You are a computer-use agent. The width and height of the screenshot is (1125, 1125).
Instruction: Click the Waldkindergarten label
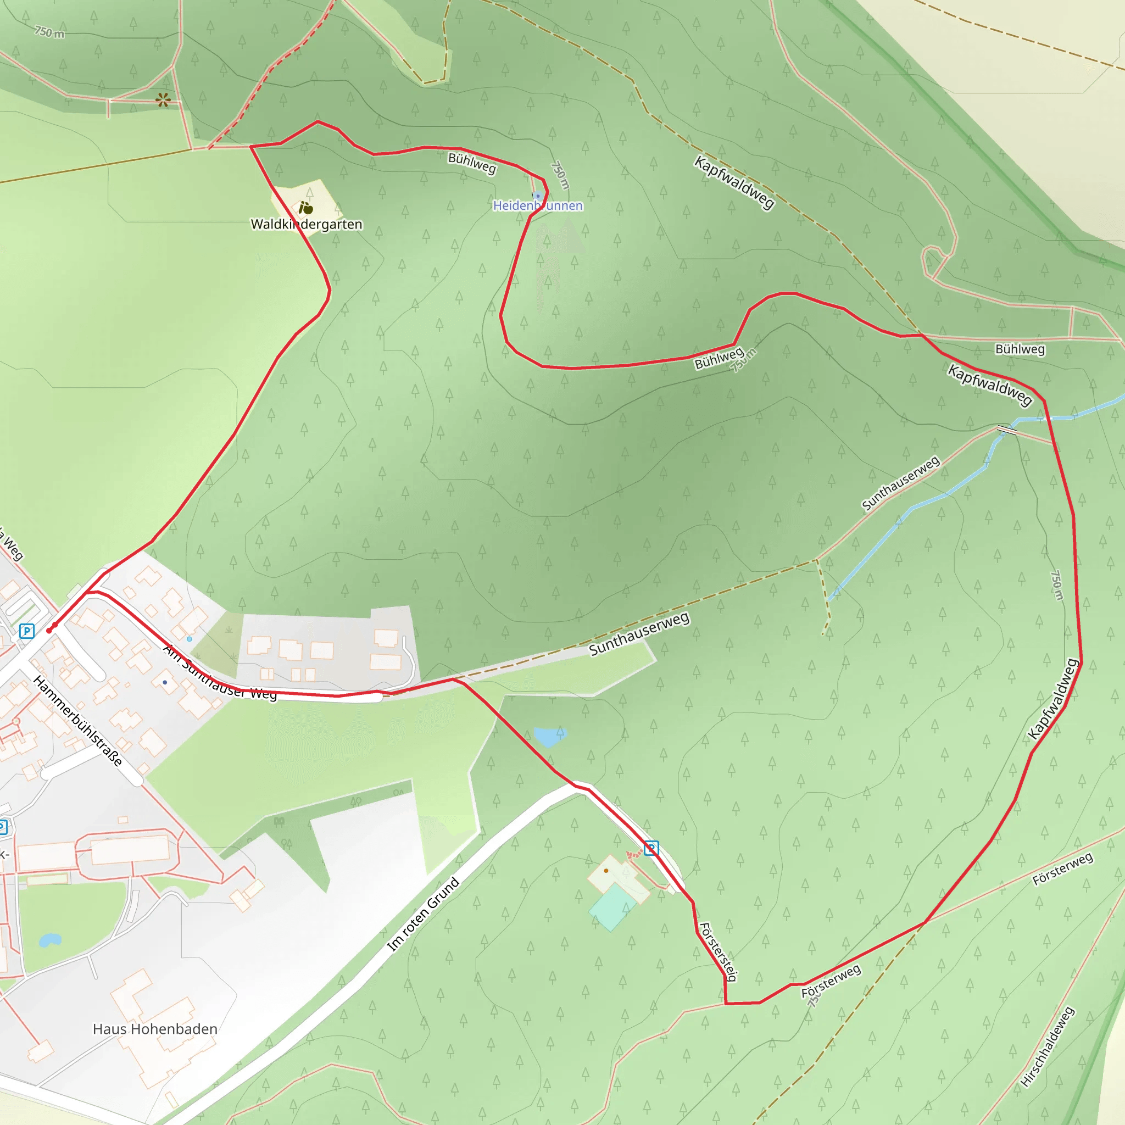click(x=307, y=224)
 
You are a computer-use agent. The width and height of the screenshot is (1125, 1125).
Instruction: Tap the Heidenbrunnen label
click(x=537, y=205)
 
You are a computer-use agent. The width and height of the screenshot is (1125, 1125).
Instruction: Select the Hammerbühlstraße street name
click(x=77, y=721)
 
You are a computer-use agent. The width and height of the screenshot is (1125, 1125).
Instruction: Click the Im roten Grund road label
click(x=424, y=914)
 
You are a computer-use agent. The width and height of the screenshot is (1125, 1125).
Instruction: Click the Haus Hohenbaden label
click(x=155, y=1029)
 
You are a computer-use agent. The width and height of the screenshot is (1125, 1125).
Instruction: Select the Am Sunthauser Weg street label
click(x=220, y=673)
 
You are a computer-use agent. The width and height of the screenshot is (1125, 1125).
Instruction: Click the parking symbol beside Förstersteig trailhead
click(x=651, y=848)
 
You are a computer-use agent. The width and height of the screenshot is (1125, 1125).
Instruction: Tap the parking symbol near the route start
click(x=27, y=631)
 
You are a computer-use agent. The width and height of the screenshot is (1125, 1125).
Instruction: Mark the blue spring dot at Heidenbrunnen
click(x=538, y=196)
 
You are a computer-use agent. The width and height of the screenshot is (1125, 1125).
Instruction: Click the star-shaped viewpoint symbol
click(x=163, y=100)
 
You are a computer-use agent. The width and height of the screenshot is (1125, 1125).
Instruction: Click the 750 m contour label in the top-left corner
click(x=49, y=32)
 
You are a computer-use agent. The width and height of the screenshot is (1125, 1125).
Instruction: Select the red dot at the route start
click(x=49, y=630)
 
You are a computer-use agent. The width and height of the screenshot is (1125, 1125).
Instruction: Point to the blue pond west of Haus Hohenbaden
click(x=50, y=940)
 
